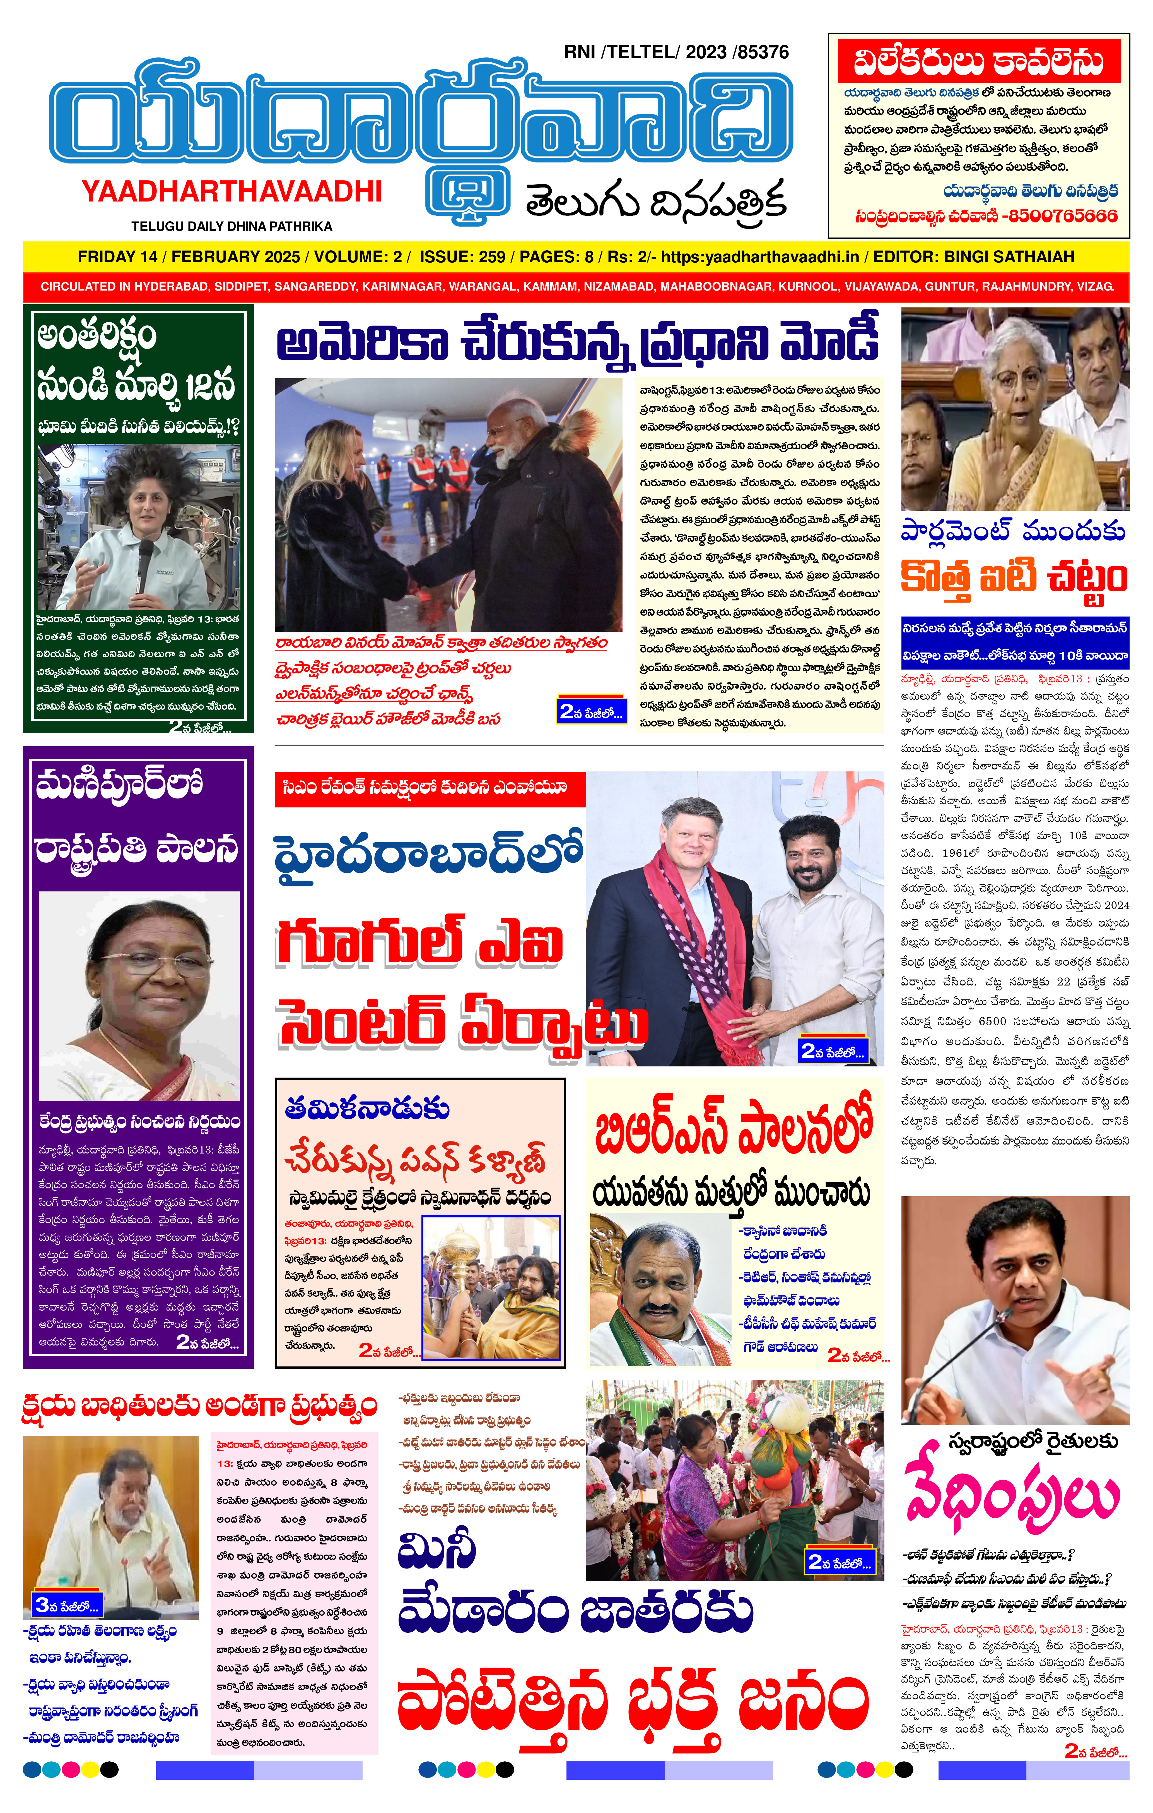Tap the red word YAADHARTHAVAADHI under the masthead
(x=232, y=192)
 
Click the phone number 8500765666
(x=1063, y=215)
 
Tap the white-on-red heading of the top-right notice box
(x=978, y=62)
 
